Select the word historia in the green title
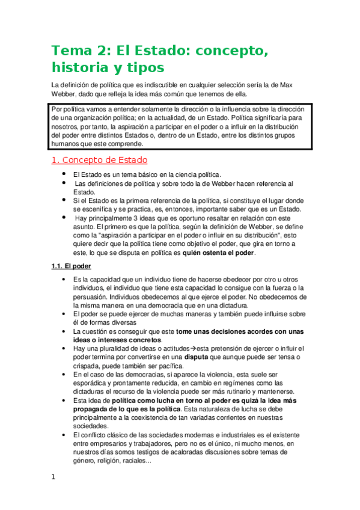point(82,66)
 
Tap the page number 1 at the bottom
point(53,477)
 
